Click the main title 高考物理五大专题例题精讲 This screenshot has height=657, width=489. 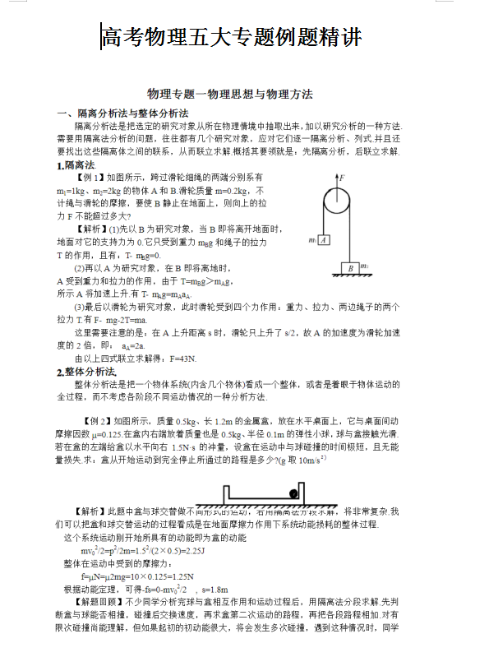point(231,37)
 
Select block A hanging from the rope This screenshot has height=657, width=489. point(324,240)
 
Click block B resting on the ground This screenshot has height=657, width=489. point(350,268)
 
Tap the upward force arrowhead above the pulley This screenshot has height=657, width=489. point(334,176)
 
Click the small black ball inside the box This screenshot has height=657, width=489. point(293,494)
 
